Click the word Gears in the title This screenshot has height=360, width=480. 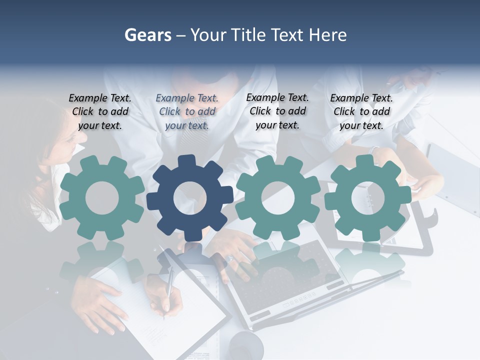click(147, 35)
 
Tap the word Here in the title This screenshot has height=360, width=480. click(328, 35)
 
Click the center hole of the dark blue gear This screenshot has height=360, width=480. click(190, 198)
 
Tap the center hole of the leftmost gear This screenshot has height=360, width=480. click(102, 198)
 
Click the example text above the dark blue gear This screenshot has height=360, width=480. click(187, 112)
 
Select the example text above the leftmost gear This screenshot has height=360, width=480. click(100, 112)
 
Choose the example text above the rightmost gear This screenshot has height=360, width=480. click(361, 112)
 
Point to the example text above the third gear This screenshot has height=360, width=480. click(277, 111)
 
